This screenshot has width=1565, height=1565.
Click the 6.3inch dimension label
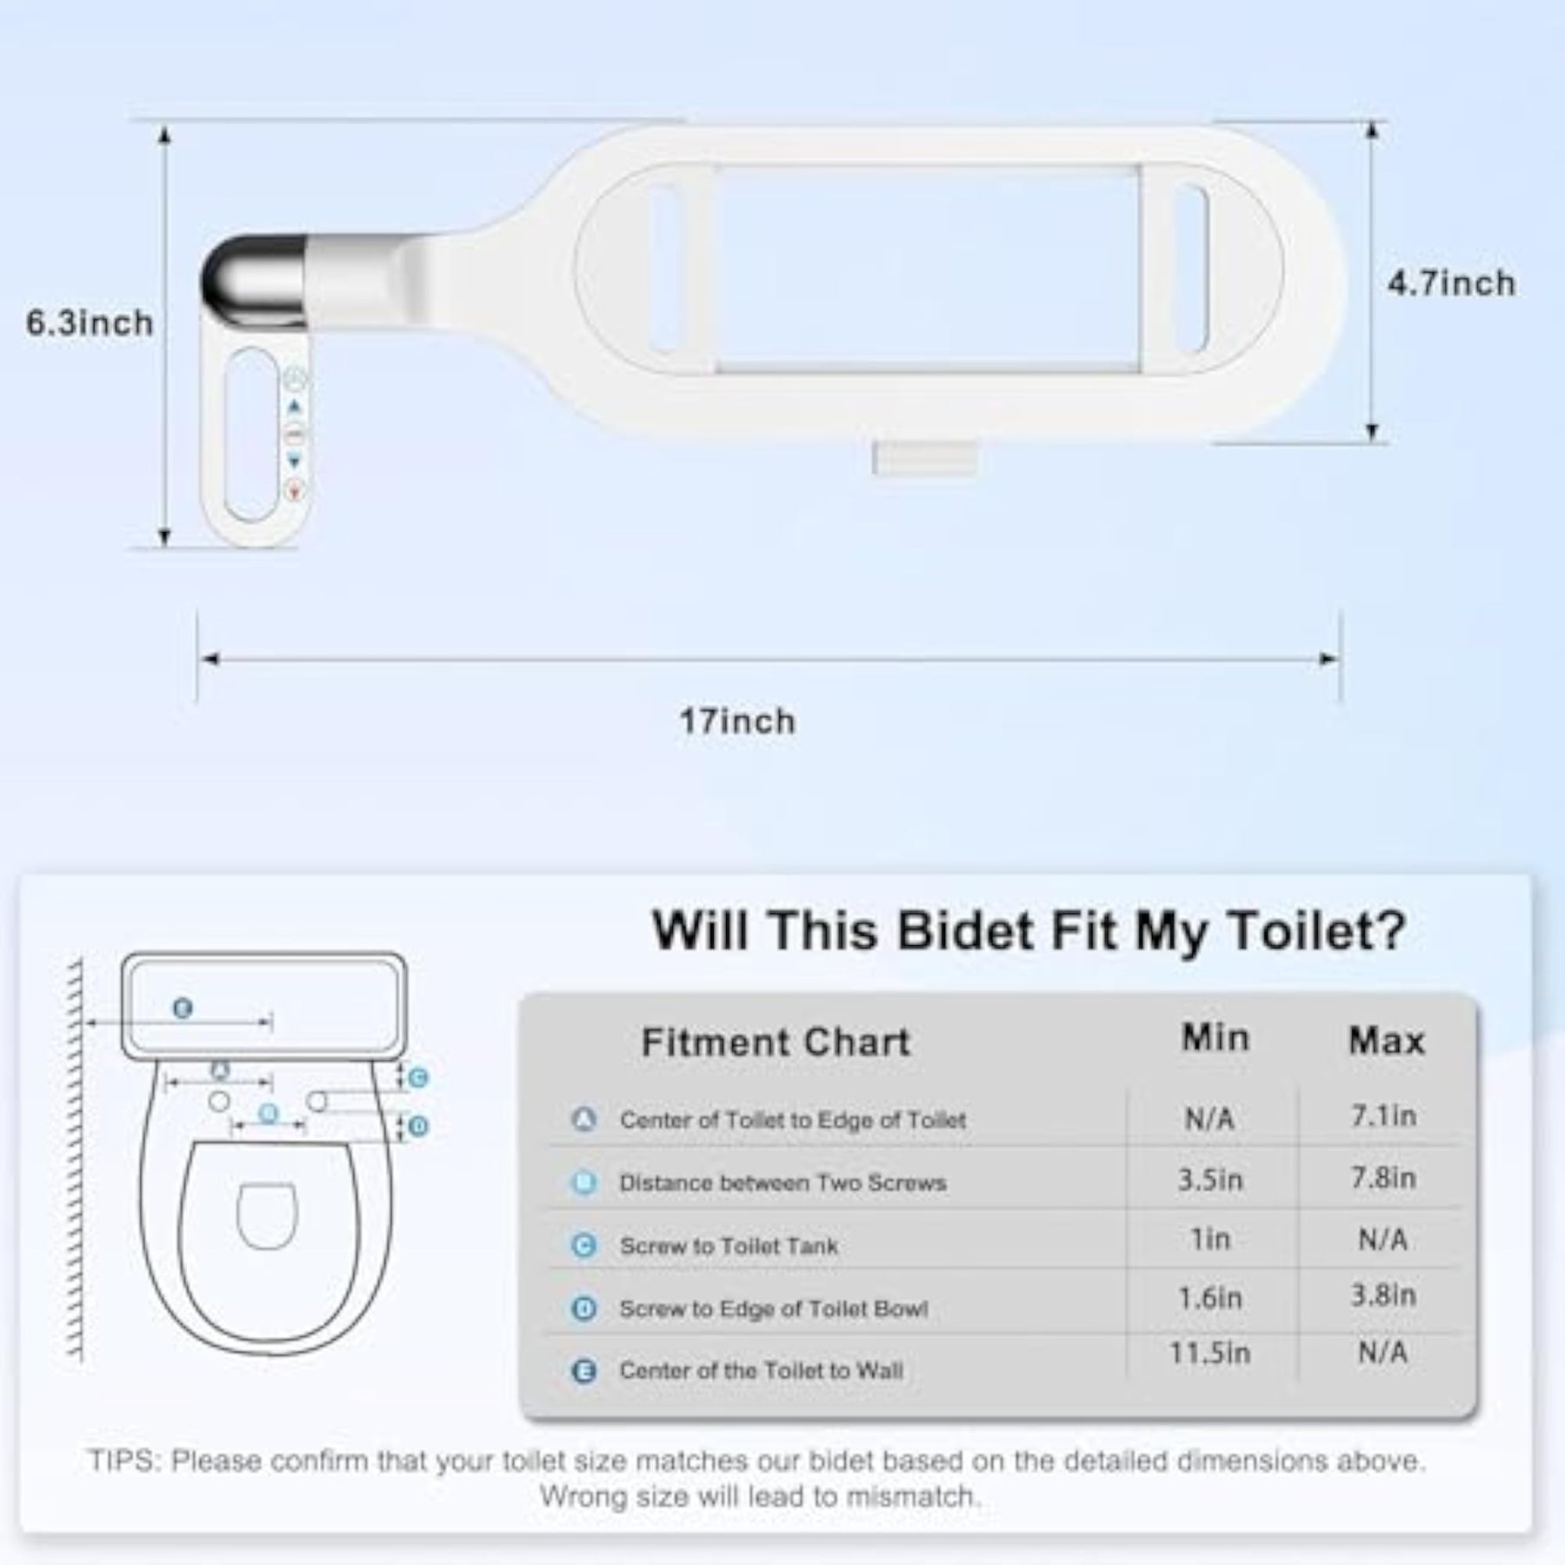(x=90, y=323)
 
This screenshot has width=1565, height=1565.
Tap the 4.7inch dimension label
(x=1451, y=283)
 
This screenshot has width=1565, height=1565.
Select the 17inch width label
(x=737, y=722)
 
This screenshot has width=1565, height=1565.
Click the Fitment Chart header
(x=776, y=1042)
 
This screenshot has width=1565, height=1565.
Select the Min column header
(x=1215, y=1038)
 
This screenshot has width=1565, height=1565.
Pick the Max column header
(x=1387, y=1041)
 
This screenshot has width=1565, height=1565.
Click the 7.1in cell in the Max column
(x=1383, y=1115)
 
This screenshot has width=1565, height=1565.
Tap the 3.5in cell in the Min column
(x=1210, y=1180)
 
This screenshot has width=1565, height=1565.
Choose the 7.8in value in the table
(x=1383, y=1178)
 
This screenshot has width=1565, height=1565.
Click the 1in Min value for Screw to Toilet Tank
(x=1210, y=1239)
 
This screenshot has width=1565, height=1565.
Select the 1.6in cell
(x=1210, y=1298)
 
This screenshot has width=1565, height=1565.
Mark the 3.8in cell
(x=1383, y=1295)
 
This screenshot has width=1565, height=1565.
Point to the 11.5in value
(x=1210, y=1354)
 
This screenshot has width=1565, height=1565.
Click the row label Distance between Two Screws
(x=782, y=1182)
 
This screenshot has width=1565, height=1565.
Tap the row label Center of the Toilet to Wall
(x=761, y=1370)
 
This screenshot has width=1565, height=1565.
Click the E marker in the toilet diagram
(x=183, y=1009)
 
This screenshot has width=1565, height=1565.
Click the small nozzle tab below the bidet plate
(x=925, y=458)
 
